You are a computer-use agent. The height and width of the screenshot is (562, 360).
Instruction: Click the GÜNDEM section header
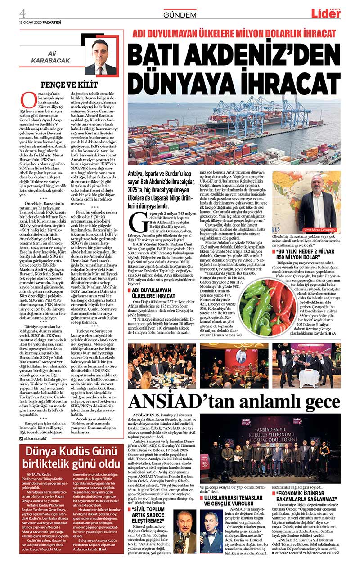pyautogui.click(x=180, y=15)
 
